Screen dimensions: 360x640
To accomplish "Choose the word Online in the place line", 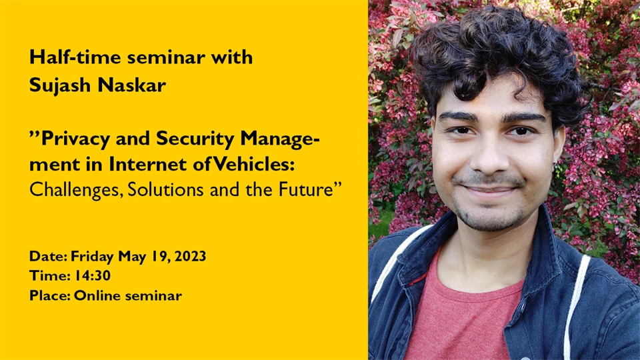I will tap(97, 295).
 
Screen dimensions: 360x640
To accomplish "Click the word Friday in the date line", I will tap(93, 256).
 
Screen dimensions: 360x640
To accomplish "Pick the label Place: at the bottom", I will tap(49, 295).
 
